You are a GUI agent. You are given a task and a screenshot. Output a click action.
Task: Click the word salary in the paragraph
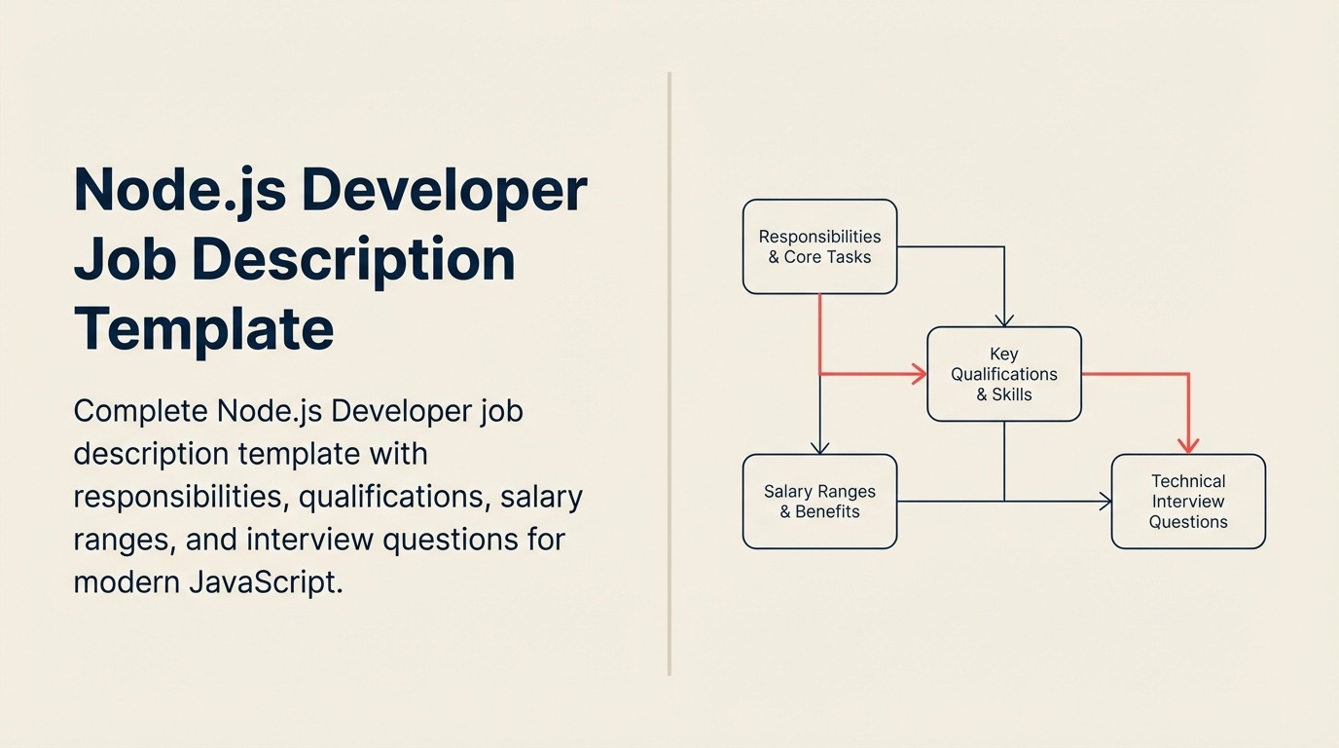(x=541, y=496)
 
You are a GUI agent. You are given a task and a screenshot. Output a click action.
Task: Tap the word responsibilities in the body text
(x=180, y=496)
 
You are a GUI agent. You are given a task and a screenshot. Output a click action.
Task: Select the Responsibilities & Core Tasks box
(x=819, y=246)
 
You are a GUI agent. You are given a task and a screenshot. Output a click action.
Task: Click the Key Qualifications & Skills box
(x=1003, y=374)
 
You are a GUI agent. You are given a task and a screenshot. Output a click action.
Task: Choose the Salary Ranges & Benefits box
(x=819, y=502)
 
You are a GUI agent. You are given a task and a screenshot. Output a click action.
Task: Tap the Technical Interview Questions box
(x=1188, y=502)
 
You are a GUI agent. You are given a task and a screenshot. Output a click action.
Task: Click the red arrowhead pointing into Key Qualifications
(x=919, y=373)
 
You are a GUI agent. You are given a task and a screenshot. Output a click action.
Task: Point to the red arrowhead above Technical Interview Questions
(x=1187, y=445)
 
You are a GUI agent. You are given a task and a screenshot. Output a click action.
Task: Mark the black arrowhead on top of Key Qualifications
(x=1003, y=319)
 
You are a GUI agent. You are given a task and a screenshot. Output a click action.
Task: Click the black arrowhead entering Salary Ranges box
(x=819, y=447)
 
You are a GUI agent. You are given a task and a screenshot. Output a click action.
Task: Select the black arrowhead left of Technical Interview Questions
(x=1105, y=502)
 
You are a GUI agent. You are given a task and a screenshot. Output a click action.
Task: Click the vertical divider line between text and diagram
(x=669, y=374)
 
